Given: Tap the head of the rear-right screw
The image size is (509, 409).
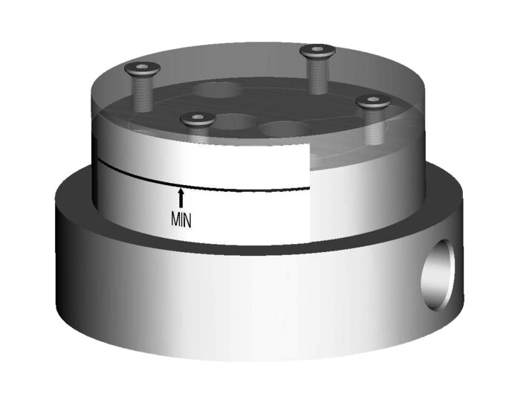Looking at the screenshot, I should point(317,51).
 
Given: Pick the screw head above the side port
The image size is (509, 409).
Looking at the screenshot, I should point(372,100).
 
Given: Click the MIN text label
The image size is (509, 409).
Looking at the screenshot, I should point(181,220).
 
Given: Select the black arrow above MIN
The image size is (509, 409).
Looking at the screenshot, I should point(181,198).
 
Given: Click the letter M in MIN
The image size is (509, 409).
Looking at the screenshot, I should point(175,220).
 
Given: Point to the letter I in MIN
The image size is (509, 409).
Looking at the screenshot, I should point(181,220).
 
